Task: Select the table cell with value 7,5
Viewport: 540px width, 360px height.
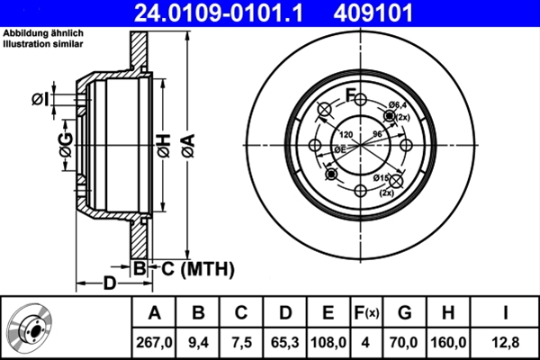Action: click(x=242, y=341)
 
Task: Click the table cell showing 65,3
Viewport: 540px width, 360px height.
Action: click(x=285, y=341)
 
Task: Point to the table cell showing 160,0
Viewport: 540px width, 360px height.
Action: click(x=451, y=341)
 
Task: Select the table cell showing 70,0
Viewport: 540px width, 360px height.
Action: click(x=406, y=341)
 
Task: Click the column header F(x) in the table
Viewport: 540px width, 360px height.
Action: click(x=368, y=313)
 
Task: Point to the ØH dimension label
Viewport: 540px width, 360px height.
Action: click(x=163, y=144)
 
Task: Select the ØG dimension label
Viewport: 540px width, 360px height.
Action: click(x=66, y=144)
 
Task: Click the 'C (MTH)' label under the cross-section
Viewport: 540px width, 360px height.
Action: click(x=197, y=268)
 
